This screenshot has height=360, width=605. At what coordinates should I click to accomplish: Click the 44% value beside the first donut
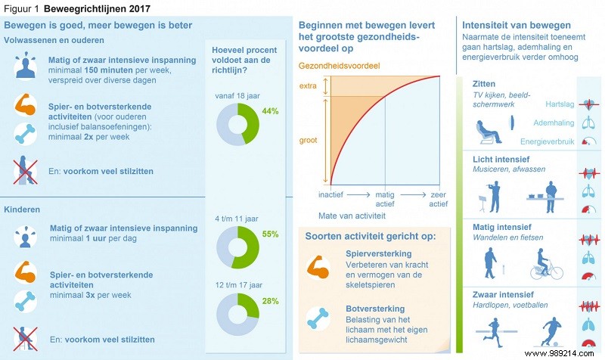pos(270,110)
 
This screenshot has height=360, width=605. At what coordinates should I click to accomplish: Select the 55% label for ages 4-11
pos(270,234)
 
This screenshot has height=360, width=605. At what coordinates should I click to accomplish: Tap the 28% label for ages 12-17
pos(270,302)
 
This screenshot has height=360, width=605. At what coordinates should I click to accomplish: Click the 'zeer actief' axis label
pos(438,199)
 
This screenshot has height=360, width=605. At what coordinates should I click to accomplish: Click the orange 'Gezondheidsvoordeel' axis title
pos(338,66)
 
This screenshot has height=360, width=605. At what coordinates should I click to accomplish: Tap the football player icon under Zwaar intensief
pos(547,334)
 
